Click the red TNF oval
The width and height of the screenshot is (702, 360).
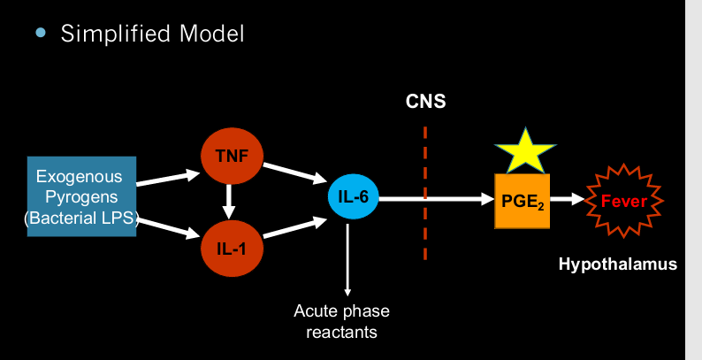tap(230, 157)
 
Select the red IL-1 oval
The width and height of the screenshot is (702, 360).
tap(230, 245)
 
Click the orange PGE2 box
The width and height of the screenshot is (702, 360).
tap(523, 201)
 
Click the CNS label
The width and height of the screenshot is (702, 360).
tap(425, 101)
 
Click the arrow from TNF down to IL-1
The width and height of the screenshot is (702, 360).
tap(230, 201)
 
